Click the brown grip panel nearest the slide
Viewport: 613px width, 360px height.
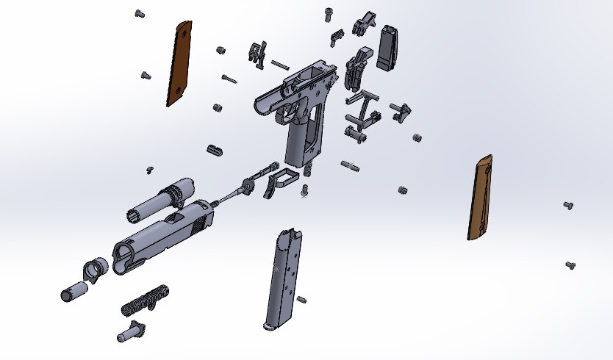point(179,65)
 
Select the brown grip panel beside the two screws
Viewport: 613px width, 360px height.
point(479,197)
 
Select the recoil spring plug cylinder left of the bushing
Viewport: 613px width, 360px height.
point(73,292)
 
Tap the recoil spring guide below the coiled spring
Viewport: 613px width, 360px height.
point(130,331)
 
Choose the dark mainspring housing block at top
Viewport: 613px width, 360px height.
point(387,46)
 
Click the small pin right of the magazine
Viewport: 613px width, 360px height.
point(301,299)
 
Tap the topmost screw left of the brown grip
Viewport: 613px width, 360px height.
point(140,13)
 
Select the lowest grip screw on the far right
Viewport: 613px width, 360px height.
point(570,264)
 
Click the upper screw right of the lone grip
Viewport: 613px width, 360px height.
point(567,205)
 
